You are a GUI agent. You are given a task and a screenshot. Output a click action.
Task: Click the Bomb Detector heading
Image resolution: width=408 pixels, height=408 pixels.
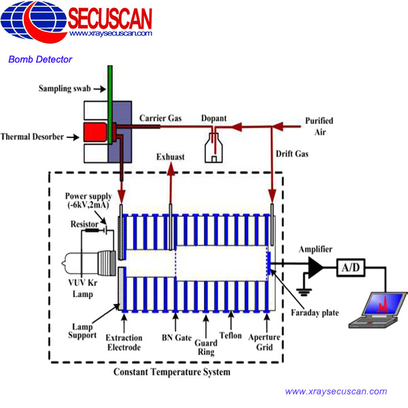click(x=40, y=59)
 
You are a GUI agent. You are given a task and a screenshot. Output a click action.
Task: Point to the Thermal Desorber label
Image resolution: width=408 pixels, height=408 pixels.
click(x=32, y=137)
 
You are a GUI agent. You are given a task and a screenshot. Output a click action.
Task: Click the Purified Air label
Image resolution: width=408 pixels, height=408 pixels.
click(x=319, y=126)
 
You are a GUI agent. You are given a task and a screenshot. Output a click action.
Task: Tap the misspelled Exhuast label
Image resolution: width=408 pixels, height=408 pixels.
click(x=170, y=156)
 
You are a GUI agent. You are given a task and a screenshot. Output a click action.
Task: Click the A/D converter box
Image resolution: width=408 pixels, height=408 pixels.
click(x=351, y=269)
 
